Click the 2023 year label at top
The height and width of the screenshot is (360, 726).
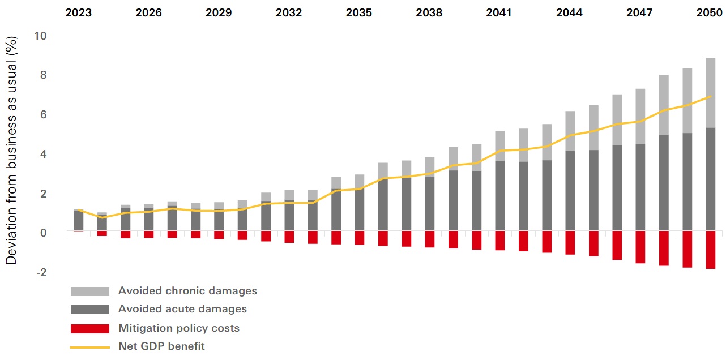click(x=79, y=12)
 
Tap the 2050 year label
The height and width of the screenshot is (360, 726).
click(x=709, y=12)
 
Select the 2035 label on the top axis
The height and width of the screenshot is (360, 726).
click(x=359, y=12)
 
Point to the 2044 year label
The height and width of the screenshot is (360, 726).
click(x=569, y=12)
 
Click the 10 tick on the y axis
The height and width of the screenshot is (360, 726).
click(x=41, y=36)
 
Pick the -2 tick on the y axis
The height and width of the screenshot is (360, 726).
click(x=41, y=273)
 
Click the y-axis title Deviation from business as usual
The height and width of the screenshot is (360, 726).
click(x=11, y=150)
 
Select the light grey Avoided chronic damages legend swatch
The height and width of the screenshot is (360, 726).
click(x=89, y=291)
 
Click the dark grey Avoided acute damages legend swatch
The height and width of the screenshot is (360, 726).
click(x=89, y=310)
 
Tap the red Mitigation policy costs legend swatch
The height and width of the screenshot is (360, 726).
click(x=89, y=328)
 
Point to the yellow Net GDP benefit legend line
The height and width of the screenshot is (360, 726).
click(x=89, y=346)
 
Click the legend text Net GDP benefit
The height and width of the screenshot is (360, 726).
click(x=161, y=346)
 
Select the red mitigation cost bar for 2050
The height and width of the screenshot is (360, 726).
click(x=710, y=250)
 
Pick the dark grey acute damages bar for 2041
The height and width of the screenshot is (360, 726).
click(x=500, y=195)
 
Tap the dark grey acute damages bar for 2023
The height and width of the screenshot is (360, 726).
click(x=79, y=221)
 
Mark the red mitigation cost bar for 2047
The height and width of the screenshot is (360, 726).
click(x=640, y=247)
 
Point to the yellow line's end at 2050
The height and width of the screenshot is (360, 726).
click(x=710, y=97)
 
